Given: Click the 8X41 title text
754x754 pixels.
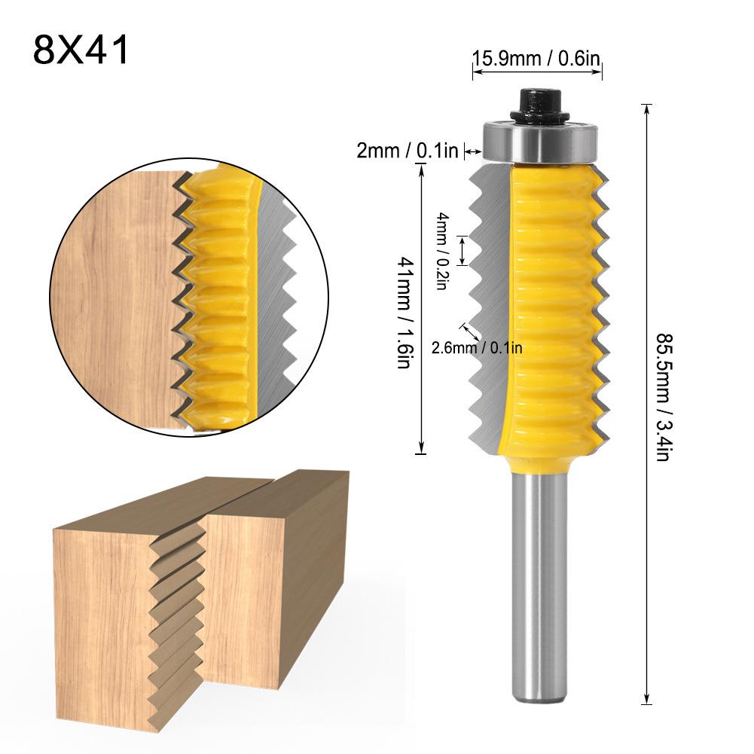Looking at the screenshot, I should point(81,50).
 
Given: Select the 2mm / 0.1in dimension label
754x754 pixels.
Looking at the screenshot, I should point(408,151).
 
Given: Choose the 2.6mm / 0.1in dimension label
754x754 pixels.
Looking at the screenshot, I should point(477,347).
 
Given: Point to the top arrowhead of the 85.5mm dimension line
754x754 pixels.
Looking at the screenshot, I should point(646,108).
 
